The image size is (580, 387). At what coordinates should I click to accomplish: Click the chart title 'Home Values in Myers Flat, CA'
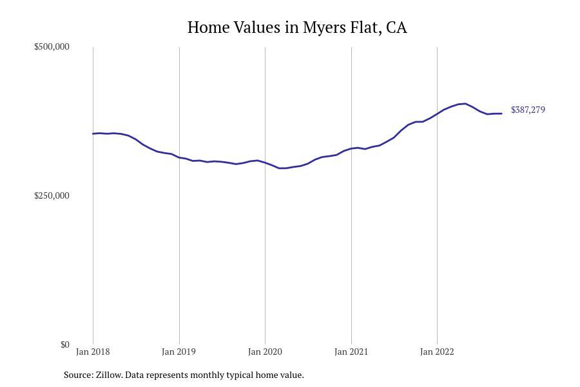click(297, 28)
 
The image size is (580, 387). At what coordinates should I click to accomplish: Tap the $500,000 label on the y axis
click(52, 46)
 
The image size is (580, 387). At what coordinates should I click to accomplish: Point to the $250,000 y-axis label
click(52, 195)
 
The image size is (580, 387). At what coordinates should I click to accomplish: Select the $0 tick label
click(64, 344)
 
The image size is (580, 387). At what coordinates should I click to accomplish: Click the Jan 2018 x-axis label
click(93, 352)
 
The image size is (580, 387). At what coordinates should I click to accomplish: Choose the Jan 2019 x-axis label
click(179, 352)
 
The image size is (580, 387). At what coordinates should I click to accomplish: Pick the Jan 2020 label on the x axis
click(265, 352)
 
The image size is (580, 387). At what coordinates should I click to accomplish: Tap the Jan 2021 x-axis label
click(351, 352)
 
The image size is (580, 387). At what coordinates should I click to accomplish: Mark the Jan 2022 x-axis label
click(437, 352)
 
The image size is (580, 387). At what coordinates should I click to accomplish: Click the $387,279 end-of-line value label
click(528, 110)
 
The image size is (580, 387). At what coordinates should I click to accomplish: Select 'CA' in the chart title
click(396, 28)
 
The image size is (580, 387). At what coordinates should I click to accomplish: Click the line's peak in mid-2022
click(465, 103)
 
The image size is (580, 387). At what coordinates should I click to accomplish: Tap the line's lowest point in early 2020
click(283, 168)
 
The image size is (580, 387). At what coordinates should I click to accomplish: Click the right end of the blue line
click(501, 114)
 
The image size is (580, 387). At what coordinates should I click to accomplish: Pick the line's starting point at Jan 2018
click(93, 134)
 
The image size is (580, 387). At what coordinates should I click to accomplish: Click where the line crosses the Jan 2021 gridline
click(351, 148)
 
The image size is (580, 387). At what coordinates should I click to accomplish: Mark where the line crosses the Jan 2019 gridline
click(179, 157)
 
